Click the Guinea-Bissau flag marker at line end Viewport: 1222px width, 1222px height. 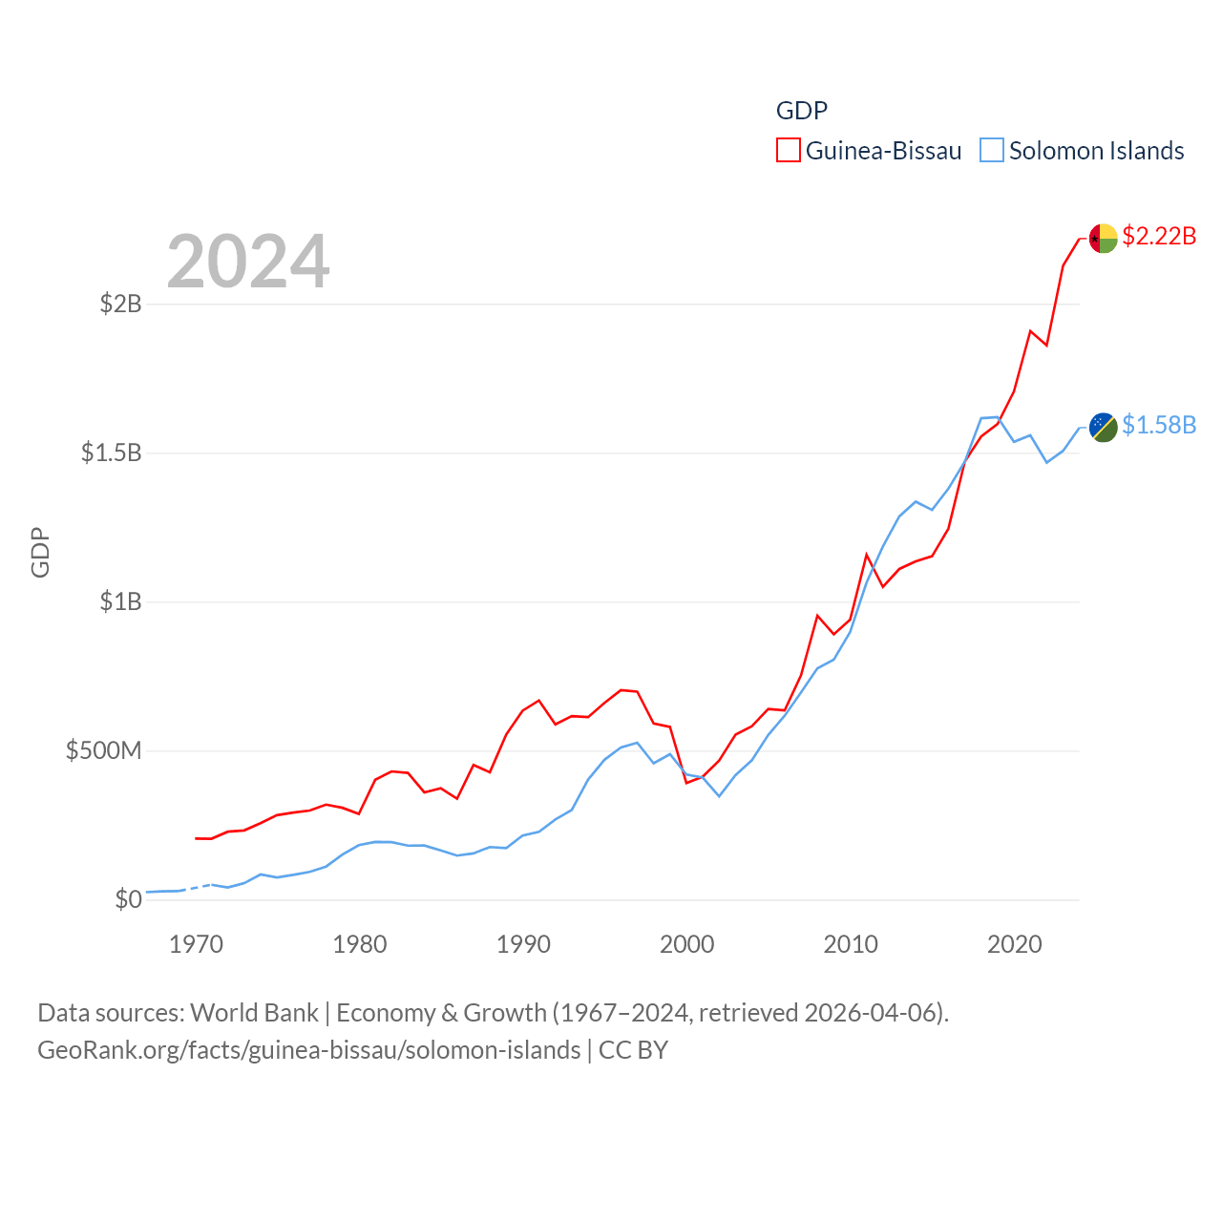1103,238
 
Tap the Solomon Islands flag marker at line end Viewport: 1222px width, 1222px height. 1103,427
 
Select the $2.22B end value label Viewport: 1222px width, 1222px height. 1159,236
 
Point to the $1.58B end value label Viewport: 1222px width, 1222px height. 1159,425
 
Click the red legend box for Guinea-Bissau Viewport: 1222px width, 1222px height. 788,151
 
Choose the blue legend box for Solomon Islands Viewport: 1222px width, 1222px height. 992,151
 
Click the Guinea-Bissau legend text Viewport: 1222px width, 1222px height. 883,151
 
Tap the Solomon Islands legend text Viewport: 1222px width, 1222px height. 1096,151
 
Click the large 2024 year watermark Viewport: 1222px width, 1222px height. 248,262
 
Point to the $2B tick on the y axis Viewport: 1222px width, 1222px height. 121,304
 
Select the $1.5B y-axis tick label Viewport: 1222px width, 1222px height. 112,453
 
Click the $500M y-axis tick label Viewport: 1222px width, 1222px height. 103,750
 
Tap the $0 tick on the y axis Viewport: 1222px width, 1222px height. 128,899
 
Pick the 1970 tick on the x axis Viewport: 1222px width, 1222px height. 196,944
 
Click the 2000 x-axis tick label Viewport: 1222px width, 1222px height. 686,944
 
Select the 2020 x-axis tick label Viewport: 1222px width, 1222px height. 1014,944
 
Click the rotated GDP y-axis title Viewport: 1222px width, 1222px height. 40,552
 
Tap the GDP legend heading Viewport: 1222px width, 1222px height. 801,111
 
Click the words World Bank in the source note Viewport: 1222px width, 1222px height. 254,1012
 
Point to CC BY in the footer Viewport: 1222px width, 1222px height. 633,1050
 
